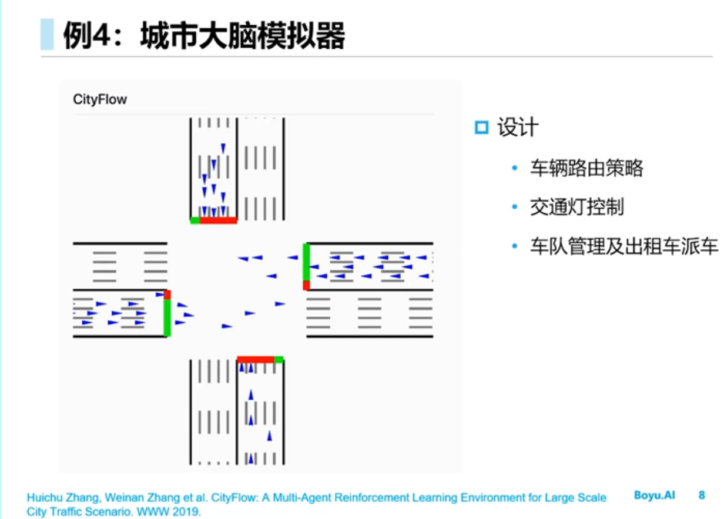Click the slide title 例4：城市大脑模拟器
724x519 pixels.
pos(203,36)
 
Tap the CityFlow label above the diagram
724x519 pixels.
pos(100,99)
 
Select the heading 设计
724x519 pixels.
pos(518,128)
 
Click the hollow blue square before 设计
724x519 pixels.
pos(481,128)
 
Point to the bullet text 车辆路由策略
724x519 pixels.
pos(586,169)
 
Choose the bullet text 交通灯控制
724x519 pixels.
pos(576,207)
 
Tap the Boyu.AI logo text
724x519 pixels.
pos(655,495)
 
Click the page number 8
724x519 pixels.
pos(702,495)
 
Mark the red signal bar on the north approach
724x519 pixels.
pos(218,220)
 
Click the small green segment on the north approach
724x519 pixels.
pos(195,220)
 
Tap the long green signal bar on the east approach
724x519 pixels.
pos(306,262)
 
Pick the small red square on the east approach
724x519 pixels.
pos(306,286)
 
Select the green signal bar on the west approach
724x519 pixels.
pos(167,318)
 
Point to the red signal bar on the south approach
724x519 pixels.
pos(256,359)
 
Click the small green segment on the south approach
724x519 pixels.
pos(279,359)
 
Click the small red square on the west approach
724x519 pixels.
pos(167,294)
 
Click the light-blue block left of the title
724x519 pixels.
pos(47,35)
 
